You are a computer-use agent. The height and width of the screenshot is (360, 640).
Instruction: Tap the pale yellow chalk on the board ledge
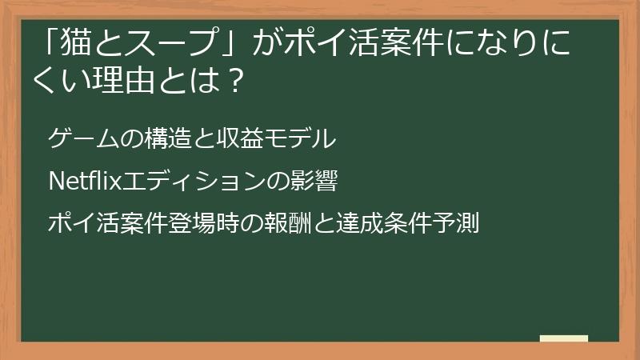[564, 338]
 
